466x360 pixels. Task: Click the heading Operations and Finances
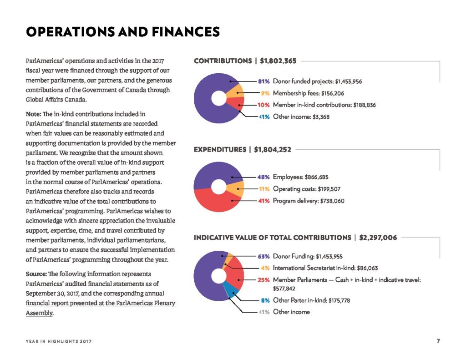tap(123, 32)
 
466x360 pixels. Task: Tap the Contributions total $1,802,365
tap(278, 61)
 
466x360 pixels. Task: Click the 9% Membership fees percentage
tap(265, 93)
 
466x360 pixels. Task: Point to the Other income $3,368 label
tap(301, 117)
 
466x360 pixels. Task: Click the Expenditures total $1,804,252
tap(273, 150)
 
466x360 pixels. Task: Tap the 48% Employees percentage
tap(263, 177)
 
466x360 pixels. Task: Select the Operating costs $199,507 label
tap(307, 189)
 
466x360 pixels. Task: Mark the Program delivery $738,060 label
tap(309, 201)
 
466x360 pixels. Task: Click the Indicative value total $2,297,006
tap(378, 238)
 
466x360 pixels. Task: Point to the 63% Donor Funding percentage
tap(263, 257)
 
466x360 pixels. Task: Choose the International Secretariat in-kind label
tap(325, 268)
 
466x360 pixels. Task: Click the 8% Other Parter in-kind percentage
tap(265, 300)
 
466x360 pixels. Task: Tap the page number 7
tap(438, 341)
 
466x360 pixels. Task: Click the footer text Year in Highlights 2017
tap(59, 341)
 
